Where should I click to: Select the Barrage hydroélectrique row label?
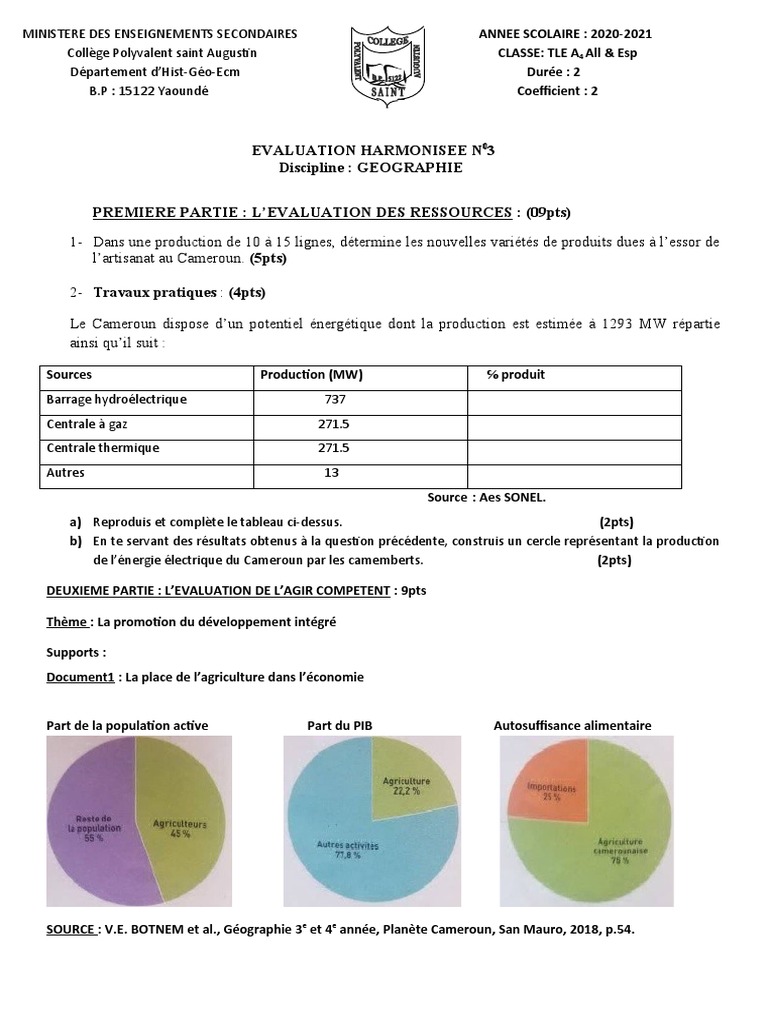[116, 399]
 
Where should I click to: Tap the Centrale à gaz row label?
[87, 424]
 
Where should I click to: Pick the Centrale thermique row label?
[103, 448]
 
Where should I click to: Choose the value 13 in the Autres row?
[332, 472]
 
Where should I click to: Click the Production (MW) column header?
[311, 375]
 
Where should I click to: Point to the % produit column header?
[516, 375]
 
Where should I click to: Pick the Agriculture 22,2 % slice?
[408, 785]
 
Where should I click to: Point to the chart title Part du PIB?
[345, 725]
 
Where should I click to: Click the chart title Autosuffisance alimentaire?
[572, 725]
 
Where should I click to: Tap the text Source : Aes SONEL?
[487, 497]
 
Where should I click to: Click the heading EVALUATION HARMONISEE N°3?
[371, 149]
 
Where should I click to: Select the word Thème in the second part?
[66, 622]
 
